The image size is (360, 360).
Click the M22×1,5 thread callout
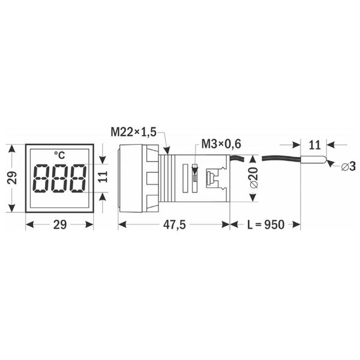tap(133, 132)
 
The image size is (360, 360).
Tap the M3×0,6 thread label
tap(221, 144)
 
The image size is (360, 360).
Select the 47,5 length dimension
tap(174, 224)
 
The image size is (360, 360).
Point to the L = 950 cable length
tap(266, 224)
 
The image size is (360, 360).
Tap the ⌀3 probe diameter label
tap(348, 166)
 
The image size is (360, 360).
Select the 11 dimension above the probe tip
tap(314, 145)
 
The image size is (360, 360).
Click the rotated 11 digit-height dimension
tap(103, 177)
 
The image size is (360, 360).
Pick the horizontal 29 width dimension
tap(60, 224)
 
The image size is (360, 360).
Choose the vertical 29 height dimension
tap(12, 178)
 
